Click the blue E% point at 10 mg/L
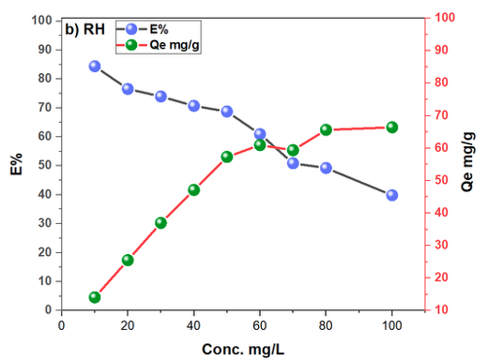click(x=95, y=67)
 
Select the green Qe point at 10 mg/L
click(x=95, y=297)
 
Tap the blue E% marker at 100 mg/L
click(x=392, y=195)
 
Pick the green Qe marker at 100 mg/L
click(x=392, y=127)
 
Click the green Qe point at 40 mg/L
click(x=194, y=190)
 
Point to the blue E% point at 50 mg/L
click(x=227, y=112)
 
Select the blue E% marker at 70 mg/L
click(x=293, y=163)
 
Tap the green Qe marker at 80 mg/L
click(x=326, y=129)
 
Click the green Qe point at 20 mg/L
click(x=128, y=260)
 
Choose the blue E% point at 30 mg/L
click(x=160, y=97)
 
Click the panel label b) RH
click(x=84, y=30)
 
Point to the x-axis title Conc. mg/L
click(x=243, y=350)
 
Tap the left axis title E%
click(x=17, y=164)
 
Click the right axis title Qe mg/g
click(x=467, y=161)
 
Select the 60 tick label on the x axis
click(x=260, y=326)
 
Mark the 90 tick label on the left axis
click(x=45, y=50)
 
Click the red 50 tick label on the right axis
click(x=441, y=180)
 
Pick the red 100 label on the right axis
click(x=445, y=18)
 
